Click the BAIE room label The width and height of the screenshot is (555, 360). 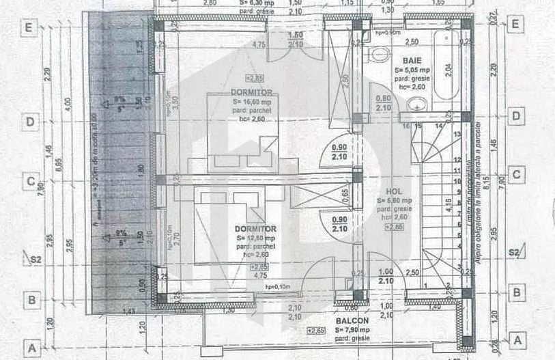pos(412,60)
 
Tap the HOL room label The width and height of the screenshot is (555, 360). pos(393,192)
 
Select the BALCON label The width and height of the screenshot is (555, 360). pos(352,320)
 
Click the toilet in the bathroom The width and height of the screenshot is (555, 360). pos(378,55)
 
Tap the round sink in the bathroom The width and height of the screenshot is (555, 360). pos(417,105)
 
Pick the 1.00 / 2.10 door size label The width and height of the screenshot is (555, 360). pos(385,276)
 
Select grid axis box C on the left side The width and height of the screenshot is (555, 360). pos(29,182)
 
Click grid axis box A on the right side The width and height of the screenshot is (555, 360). pos(517,340)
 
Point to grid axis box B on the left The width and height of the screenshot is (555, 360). pos(29,299)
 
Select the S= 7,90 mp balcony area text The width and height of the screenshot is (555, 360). pos(352,330)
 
